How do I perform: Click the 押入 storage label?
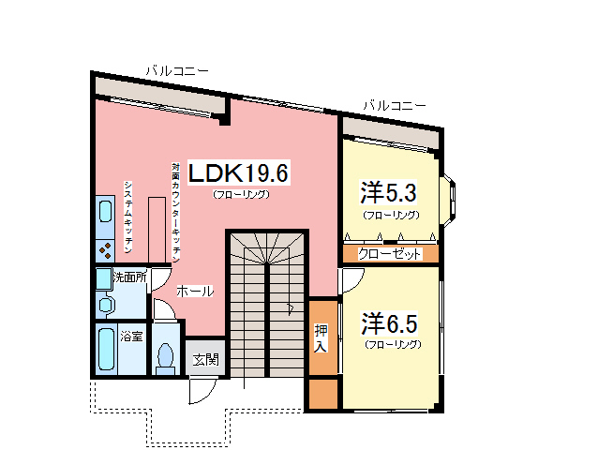pyautogui.click(x=321, y=337)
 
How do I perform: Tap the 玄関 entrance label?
pyautogui.click(x=206, y=358)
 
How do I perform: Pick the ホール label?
pyautogui.click(x=194, y=291)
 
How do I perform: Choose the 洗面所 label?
pyautogui.click(x=129, y=277)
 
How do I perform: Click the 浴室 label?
pyautogui.click(x=130, y=336)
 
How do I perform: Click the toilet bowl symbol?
pyautogui.click(x=167, y=355)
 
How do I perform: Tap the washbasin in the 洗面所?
pyautogui.click(x=105, y=304)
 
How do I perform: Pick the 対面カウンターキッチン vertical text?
pyautogui.click(x=175, y=211)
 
